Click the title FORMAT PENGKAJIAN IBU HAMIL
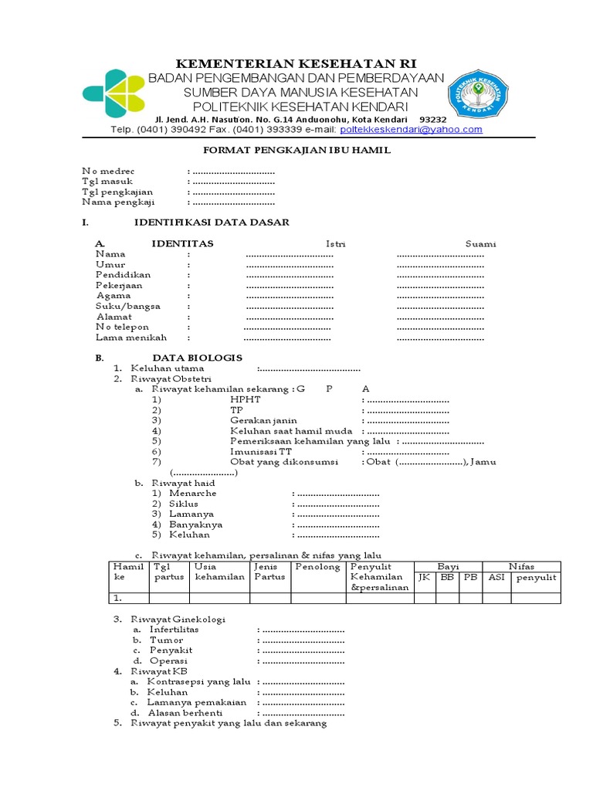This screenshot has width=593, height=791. click(296, 151)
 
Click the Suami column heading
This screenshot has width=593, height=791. click(480, 244)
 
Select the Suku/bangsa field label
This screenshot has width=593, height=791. click(128, 306)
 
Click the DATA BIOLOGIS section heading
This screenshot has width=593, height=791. click(197, 358)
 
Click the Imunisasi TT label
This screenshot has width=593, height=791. click(261, 451)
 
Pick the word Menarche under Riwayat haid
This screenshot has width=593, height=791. click(194, 493)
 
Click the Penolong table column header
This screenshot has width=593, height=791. click(317, 567)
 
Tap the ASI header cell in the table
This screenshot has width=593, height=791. click(496, 578)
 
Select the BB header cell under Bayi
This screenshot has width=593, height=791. click(447, 578)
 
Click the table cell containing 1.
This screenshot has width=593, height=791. click(127, 598)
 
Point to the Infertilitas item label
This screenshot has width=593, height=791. click(174, 630)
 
